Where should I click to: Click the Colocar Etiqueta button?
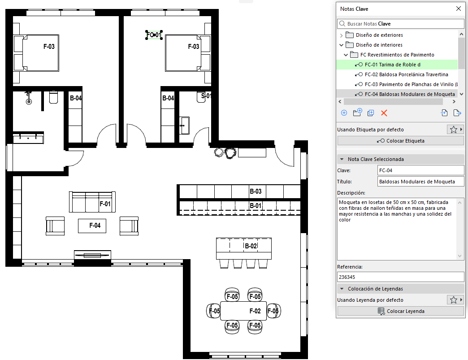pyautogui.click(x=401, y=141)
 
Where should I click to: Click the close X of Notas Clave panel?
pyautogui.click(x=459, y=9)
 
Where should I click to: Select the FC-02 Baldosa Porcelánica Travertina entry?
pyautogui.click(x=406, y=74)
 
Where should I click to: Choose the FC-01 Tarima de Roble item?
pyautogui.click(x=393, y=65)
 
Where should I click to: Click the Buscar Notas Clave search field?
pyautogui.click(x=401, y=24)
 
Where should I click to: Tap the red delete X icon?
pyautogui.click(x=384, y=113)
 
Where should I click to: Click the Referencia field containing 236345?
pyautogui.click(x=401, y=277)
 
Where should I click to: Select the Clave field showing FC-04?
pyautogui.click(x=420, y=170)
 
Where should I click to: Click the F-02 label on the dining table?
pyautogui.click(x=255, y=311)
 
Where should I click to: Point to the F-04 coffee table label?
pyautogui.click(x=95, y=226)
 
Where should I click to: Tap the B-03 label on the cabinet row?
pyautogui.click(x=256, y=191)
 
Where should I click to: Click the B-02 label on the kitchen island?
pyautogui.click(x=251, y=246)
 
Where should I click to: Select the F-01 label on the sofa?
pyautogui.click(x=105, y=204)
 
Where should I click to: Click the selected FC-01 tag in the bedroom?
pyautogui.click(x=154, y=35)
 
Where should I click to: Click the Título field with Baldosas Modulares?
pyautogui.click(x=420, y=182)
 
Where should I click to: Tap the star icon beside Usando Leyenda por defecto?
pyautogui.click(x=453, y=300)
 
